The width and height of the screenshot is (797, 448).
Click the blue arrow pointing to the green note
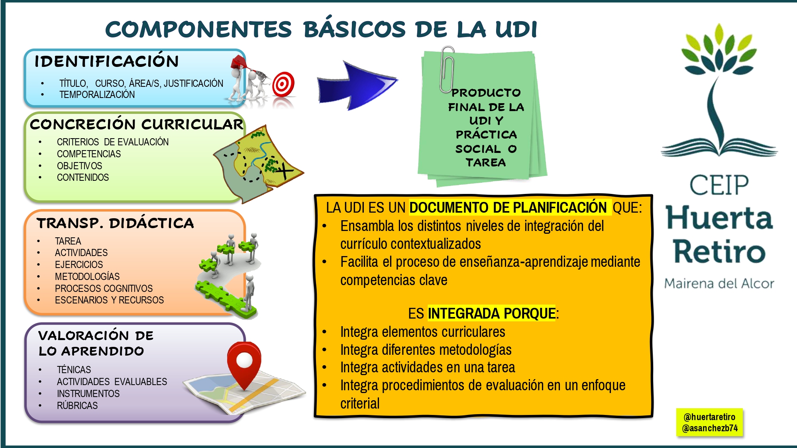[x=355, y=86]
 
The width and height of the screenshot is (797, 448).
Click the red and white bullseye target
[x=283, y=84]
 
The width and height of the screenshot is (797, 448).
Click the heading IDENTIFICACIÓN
[x=106, y=61]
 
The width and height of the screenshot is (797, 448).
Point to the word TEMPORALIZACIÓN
[x=97, y=95]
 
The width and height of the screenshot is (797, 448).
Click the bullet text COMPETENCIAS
[x=88, y=154]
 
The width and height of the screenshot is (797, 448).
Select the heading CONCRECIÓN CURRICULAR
[x=136, y=124]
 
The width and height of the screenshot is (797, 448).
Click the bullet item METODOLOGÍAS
[x=87, y=276]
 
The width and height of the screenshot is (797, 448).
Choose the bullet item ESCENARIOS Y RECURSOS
[x=109, y=300]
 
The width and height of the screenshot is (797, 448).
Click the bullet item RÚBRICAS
[x=77, y=406]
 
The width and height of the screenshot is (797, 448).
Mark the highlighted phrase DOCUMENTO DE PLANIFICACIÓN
[x=508, y=207]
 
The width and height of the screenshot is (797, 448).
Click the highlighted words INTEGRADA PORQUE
[x=491, y=313]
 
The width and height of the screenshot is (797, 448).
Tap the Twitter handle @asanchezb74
[x=709, y=428]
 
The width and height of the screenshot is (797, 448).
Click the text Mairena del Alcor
[x=719, y=284]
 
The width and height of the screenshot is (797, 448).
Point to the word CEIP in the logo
[x=719, y=185]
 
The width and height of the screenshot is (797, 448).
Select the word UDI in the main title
[x=516, y=29]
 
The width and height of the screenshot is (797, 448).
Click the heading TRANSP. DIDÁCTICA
[x=115, y=223]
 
